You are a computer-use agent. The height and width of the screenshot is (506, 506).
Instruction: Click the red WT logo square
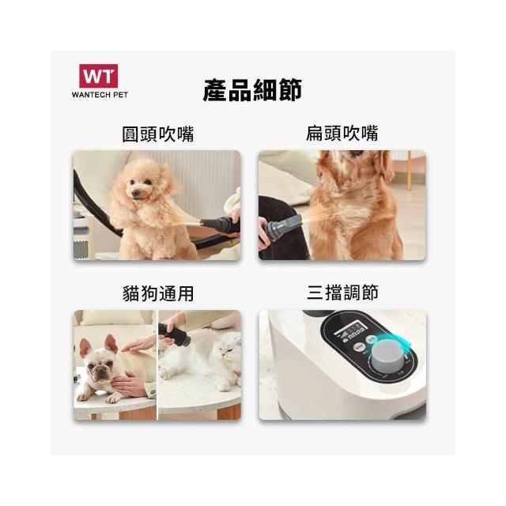click(98, 76)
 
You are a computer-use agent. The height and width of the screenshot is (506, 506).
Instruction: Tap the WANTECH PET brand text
click(100, 95)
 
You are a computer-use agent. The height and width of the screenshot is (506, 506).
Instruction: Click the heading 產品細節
click(252, 90)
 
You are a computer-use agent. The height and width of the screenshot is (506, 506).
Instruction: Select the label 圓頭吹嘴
click(158, 134)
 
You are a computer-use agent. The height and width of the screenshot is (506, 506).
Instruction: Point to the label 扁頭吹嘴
click(342, 134)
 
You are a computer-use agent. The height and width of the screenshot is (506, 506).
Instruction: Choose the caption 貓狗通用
click(158, 293)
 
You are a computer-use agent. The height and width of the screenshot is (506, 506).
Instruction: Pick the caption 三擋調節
click(342, 293)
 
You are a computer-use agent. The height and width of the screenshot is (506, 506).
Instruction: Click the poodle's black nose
click(135, 194)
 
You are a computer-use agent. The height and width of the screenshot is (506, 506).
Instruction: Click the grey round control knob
click(387, 354)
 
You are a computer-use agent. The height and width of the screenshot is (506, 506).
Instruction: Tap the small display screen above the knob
click(349, 331)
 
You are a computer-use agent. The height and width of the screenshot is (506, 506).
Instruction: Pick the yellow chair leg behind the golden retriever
click(410, 170)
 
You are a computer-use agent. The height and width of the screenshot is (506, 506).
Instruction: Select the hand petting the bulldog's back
click(138, 344)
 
